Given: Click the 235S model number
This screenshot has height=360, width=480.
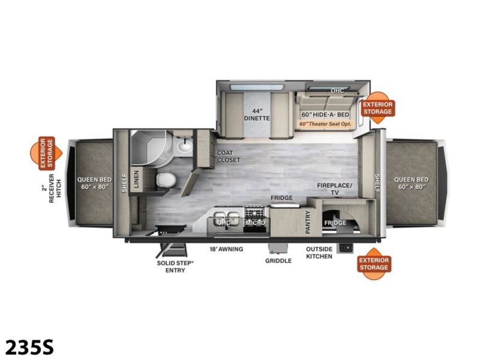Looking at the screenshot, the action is point(30,347).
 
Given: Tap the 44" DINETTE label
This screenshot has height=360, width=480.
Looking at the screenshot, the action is point(257,114).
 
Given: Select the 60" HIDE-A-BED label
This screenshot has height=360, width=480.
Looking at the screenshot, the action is point(325,114).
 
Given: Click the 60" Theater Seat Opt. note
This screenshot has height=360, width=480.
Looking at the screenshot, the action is point(325,124).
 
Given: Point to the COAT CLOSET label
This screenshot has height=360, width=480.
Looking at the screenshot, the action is point(228,156).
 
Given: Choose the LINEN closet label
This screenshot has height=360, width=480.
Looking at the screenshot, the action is point(136,179).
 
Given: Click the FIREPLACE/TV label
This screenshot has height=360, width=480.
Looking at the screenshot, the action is point(334,189).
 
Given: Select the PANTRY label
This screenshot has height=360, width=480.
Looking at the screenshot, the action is point(308,222).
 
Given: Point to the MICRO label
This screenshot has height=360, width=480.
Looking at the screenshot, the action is point(255,223).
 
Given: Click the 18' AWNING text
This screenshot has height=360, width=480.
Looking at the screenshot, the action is point(226,249).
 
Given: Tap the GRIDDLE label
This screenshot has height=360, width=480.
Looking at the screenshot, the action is point(278,261).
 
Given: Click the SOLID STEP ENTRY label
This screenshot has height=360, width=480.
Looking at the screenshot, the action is point(175,267).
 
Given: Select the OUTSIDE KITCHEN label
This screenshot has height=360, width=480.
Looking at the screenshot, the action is point(319,253).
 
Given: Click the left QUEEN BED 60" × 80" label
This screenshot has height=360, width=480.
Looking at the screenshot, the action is point(94,183).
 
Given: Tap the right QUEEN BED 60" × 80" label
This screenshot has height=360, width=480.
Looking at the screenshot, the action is point(411,183).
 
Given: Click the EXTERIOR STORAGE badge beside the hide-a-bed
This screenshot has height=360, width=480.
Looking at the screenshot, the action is point(377,108).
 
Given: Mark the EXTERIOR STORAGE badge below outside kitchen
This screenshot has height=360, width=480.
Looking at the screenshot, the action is point(374,264).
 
